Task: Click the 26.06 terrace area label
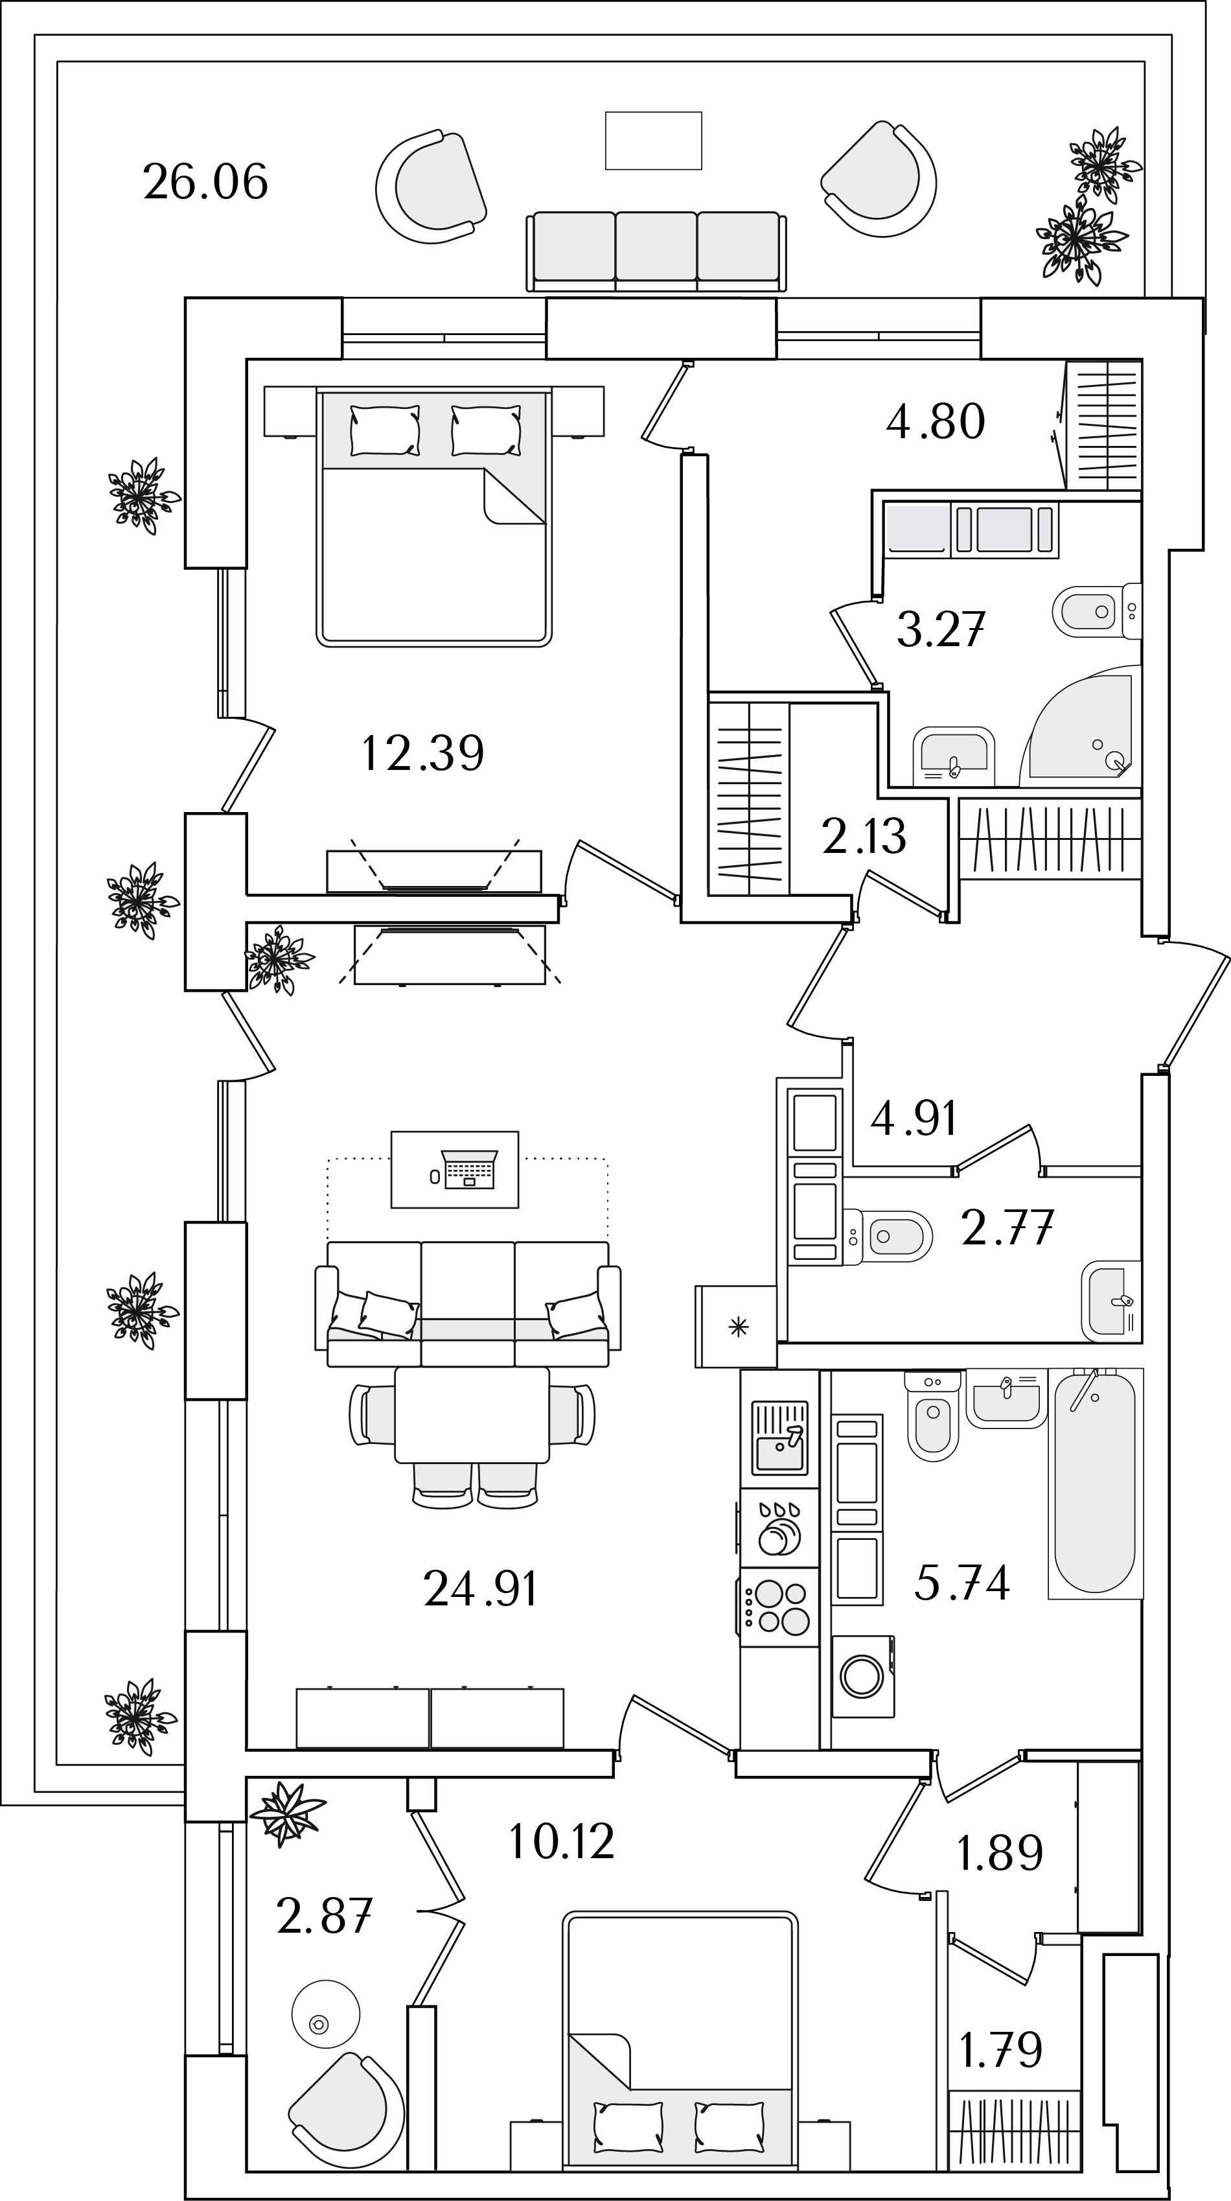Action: [206, 182]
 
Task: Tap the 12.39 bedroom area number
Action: [423, 752]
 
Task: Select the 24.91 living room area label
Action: [480, 1589]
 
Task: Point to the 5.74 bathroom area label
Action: [962, 1581]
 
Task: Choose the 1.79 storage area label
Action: [1001, 2050]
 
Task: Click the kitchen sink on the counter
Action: [779, 1438]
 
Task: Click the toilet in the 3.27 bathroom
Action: [1097, 612]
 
